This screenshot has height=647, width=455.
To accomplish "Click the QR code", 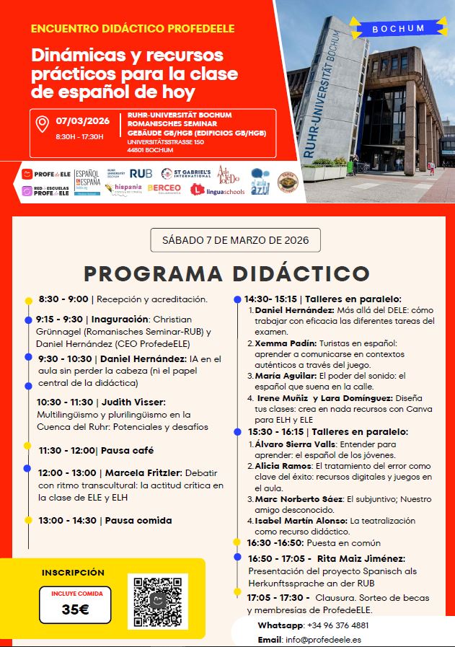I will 157,602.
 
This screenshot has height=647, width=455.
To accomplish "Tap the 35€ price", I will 75,609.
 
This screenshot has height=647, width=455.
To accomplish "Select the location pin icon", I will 43,125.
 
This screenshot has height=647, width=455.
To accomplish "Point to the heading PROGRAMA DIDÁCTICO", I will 226,274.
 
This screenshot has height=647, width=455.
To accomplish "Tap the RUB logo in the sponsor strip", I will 141,173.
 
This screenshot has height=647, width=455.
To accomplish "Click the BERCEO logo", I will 164,188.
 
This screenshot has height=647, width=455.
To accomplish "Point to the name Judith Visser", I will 133,402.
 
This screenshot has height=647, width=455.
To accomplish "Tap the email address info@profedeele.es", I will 323,639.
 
